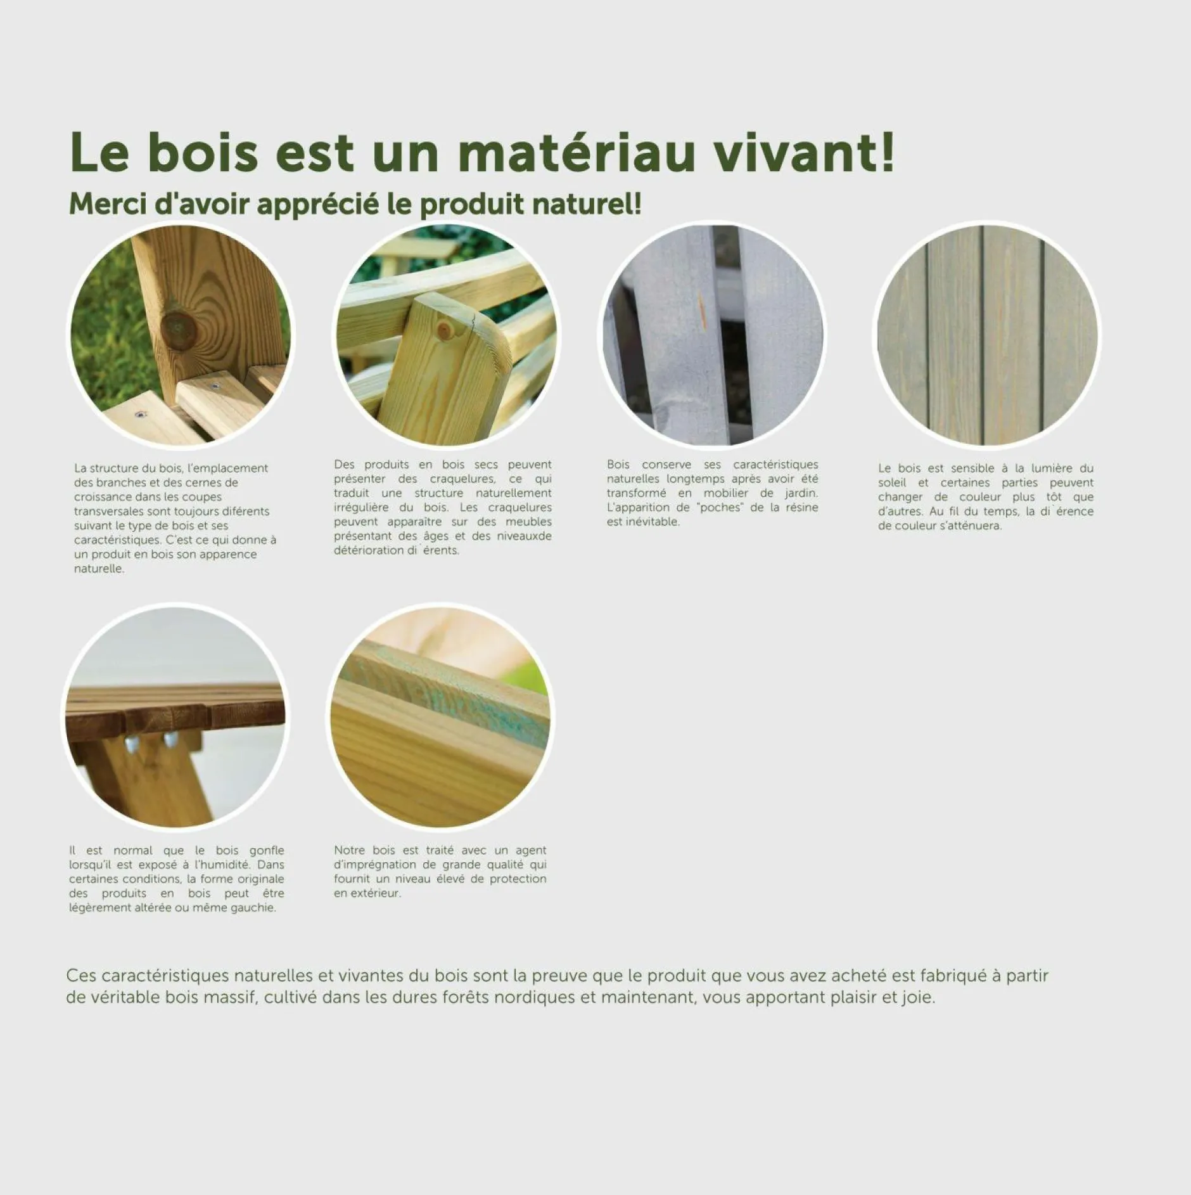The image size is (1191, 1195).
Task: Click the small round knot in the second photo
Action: pyautogui.click(x=445, y=328)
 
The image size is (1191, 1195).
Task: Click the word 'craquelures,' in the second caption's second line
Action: pyautogui.click(x=462, y=479)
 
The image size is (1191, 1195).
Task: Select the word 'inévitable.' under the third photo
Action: pyautogui.click(x=643, y=522)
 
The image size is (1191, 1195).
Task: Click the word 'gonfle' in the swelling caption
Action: pyautogui.click(x=267, y=850)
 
